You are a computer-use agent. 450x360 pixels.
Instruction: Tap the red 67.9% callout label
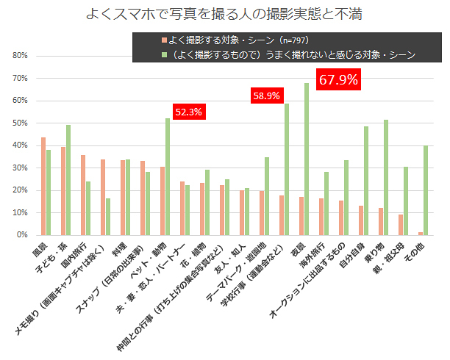[x=338, y=80]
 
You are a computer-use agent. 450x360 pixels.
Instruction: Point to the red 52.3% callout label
[x=188, y=112]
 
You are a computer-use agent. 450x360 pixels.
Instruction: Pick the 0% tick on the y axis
[x=22, y=235]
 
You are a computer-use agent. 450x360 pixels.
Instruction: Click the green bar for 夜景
[x=307, y=159]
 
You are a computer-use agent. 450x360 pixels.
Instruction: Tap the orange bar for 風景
[x=43, y=186]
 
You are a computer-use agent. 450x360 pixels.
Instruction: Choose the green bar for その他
[x=426, y=190]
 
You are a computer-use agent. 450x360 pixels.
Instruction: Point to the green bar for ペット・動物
[x=168, y=176]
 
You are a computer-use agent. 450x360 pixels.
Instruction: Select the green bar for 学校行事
[x=287, y=169]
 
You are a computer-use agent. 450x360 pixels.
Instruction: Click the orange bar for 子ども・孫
[x=63, y=191]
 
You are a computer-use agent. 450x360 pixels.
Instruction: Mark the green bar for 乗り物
[x=386, y=177]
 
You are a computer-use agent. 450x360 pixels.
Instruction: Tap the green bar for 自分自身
[x=366, y=181]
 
